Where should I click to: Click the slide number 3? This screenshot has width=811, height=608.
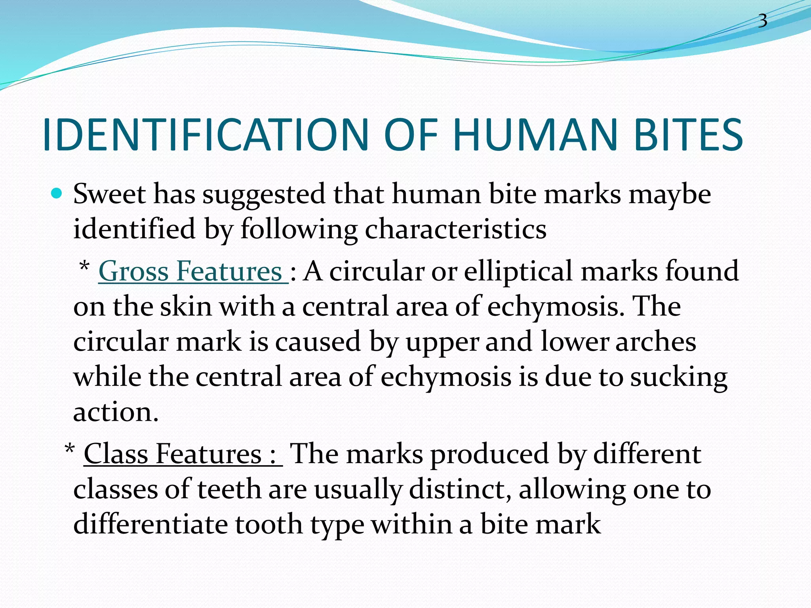pyautogui.click(x=762, y=21)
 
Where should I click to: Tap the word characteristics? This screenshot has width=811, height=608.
pyautogui.click(x=455, y=230)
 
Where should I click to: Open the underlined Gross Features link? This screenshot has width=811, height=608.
pyautogui.click(x=192, y=272)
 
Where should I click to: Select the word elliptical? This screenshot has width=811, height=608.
pyautogui.click(x=518, y=272)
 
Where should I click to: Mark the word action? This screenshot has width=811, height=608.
pyautogui.click(x=116, y=413)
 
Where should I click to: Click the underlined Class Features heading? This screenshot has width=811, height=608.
pyautogui.click(x=183, y=454)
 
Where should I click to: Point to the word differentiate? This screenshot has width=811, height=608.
pyautogui.click(x=150, y=524)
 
